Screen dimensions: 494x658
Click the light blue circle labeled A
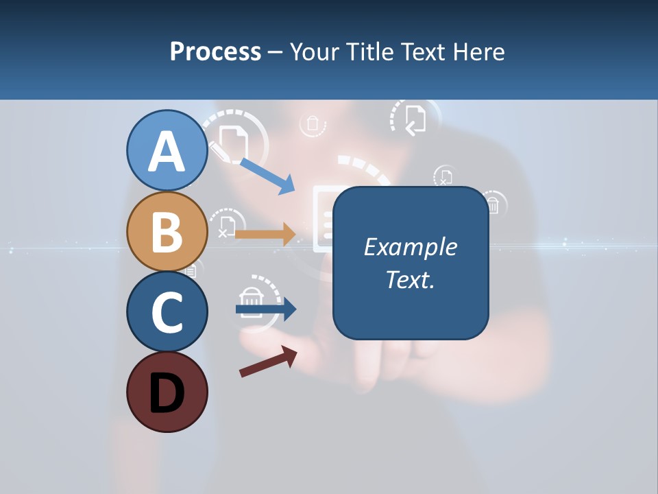pyautogui.click(x=167, y=151)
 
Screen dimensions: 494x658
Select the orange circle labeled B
pyautogui.click(x=167, y=231)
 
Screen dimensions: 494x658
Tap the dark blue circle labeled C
pyautogui.click(x=167, y=311)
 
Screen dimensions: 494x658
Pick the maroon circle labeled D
pyautogui.click(x=167, y=392)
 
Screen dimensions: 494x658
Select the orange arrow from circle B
pyautogui.click(x=265, y=234)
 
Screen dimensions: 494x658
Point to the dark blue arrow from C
pyautogui.click(x=266, y=309)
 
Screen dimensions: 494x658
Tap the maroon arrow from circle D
pyautogui.click(x=268, y=362)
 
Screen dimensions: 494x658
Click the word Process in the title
pyautogui.click(x=215, y=51)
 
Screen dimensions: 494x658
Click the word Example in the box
pyautogui.click(x=411, y=247)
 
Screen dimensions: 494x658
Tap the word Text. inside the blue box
pyautogui.click(x=411, y=279)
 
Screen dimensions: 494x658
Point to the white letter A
pyautogui.click(x=167, y=152)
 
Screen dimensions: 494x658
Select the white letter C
pyautogui.click(x=167, y=313)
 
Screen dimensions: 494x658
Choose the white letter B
pyautogui.click(x=167, y=232)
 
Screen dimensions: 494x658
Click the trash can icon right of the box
pyautogui.click(x=492, y=204)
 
